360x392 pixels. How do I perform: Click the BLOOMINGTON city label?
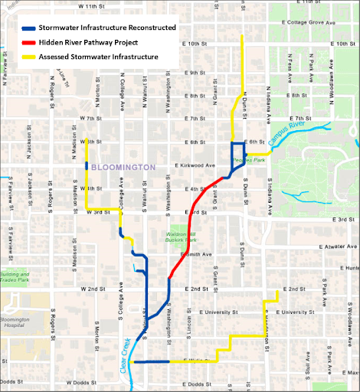point(123,166)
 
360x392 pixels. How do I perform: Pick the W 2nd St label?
point(91,289)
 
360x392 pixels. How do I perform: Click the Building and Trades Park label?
point(15,277)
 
